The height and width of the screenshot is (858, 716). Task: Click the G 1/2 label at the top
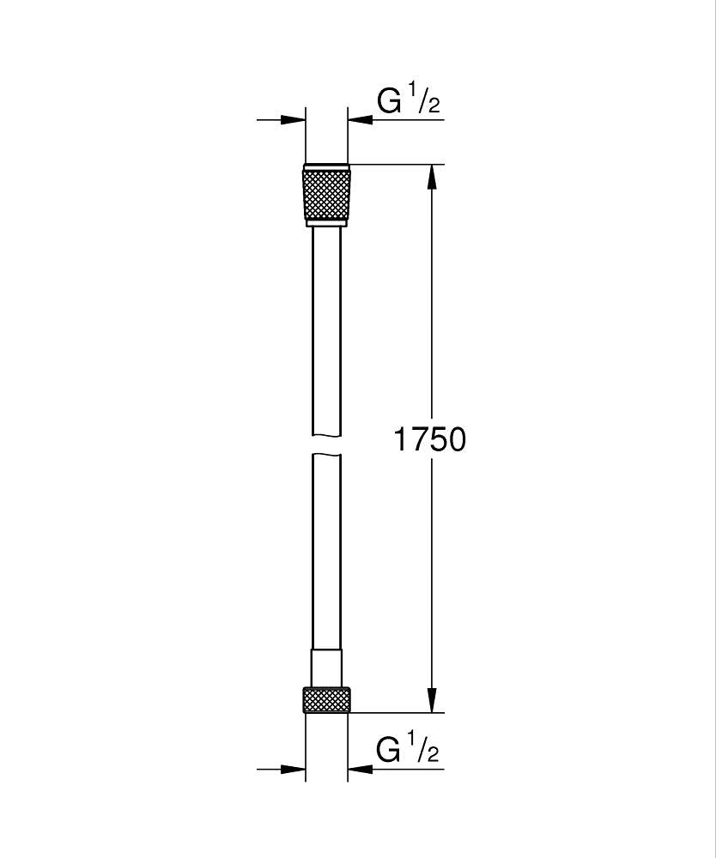click(409, 100)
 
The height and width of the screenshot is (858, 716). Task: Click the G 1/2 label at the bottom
click(409, 749)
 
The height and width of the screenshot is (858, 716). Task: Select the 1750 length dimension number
click(429, 439)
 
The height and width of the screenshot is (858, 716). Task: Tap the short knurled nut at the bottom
click(326, 699)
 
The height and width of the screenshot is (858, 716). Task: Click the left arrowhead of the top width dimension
click(294, 120)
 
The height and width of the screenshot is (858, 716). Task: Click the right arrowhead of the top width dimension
click(359, 120)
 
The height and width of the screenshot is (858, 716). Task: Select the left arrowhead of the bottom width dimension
click(294, 769)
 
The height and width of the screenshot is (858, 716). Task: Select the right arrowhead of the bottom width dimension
click(359, 769)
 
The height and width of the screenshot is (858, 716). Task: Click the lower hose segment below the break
click(326, 549)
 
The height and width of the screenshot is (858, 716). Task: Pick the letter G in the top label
click(390, 101)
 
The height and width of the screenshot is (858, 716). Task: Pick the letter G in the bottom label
click(390, 750)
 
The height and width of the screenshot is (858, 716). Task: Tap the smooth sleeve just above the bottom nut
click(326, 668)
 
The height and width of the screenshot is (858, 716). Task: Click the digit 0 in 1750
click(454, 439)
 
